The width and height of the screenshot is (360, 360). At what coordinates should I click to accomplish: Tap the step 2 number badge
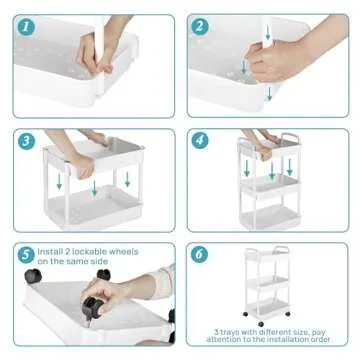point(200,26)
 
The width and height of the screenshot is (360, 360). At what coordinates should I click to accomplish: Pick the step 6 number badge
point(200,254)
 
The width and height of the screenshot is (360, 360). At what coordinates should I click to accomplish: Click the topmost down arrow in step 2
point(268,35)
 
